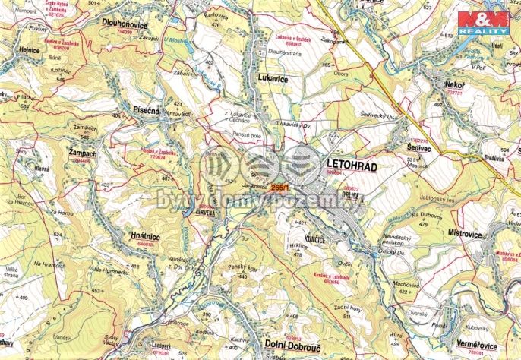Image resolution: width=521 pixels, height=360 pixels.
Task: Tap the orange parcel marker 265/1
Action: [280, 187]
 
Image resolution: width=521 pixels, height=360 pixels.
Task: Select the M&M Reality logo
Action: [482, 22]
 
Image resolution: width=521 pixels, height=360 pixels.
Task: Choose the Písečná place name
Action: [146, 109]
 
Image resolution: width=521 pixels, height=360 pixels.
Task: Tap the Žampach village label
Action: [82, 153]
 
